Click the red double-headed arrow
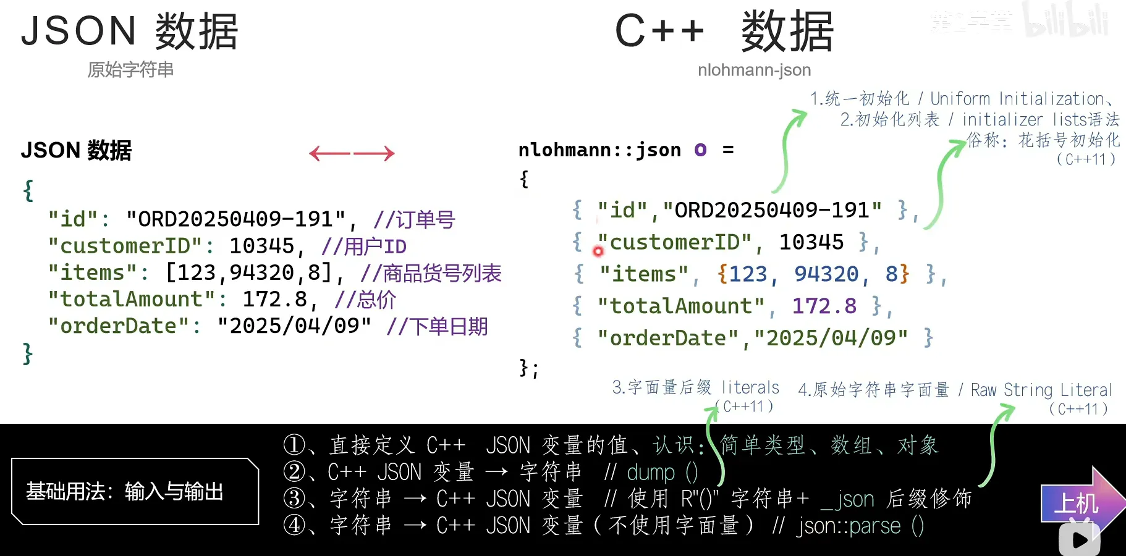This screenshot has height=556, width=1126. pyautogui.click(x=352, y=153)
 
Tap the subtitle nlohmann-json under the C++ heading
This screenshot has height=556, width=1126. pyautogui.click(x=754, y=70)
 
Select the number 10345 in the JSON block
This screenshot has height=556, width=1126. pyautogui.click(x=262, y=246)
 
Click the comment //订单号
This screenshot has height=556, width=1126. pyautogui.click(x=414, y=219)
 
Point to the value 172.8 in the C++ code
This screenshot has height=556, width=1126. pyautogui.click(x=824, y=306)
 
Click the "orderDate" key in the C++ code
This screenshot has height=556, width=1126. pyautogui.click(x=668, y=338)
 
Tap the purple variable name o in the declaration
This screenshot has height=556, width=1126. pyautogui.click(x=700, y=150)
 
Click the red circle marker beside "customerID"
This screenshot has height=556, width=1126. pyautogui.click(x=598, y=251)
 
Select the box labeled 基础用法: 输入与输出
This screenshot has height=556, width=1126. pyautogui.click(x=135, y=491)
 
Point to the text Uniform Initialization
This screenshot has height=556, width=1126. pyautogui.click(x=1017, y=99)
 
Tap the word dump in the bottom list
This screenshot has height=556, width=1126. pyautogui.click(x=651, y=473)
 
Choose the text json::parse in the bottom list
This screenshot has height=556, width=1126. pyautogui.click(x=849, y=526)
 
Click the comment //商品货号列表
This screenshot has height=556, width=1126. pyautogui.click(x=431, y=273)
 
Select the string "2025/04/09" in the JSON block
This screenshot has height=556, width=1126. pyautogui.click(x=294, y=326)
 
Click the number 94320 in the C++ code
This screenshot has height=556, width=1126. pyautogui.click(x=826, y=274)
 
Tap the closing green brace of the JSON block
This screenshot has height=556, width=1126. pyautogui.click(x=27, y=353)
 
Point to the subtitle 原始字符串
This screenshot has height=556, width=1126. pyautogui.click(x=130, y=70)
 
